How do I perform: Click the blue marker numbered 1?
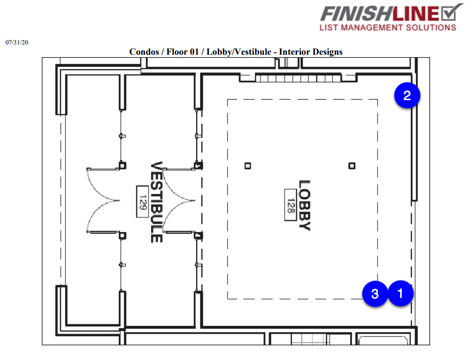[x=400, y=293]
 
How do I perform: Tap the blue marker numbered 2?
[x=407, y=95]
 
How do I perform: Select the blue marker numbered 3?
[x=375, y=294]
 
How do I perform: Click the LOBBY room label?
[x=304, y=205]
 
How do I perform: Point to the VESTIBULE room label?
[x=156, y=202]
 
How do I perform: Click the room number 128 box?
[x=290, y=205]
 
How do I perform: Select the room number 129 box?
[x=142, y=202]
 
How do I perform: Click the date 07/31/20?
[x=17, y=42]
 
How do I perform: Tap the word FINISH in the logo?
[x=356, y=14]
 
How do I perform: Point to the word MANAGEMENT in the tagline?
[x=372, y=28]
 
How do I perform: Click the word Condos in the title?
[x=144, y=52]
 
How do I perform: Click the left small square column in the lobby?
[x=248, y=166]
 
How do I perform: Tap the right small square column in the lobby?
[x=352, y=166]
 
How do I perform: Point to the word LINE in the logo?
[x=416, y=14]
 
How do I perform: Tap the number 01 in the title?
[x=194, y=52]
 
